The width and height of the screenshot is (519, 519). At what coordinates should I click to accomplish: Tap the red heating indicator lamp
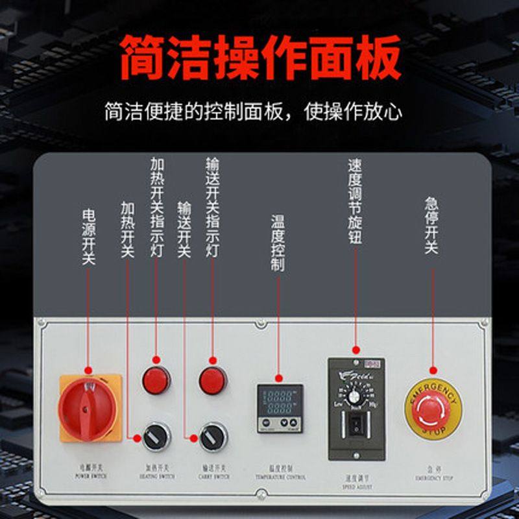click(x=156, y=380)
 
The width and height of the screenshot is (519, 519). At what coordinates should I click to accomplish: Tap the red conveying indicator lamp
click(x=213, y=380)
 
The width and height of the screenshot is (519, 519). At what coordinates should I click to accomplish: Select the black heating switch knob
click(x=156, y=437)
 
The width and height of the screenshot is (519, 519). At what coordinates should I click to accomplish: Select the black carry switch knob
click(x=213, y=437)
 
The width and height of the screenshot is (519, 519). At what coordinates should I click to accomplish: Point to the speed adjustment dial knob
click(x=356, y=392)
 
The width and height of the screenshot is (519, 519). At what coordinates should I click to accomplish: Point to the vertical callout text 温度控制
click(x=278, y=243)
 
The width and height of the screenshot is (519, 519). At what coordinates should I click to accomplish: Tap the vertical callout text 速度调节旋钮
click(x=355, y=201)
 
